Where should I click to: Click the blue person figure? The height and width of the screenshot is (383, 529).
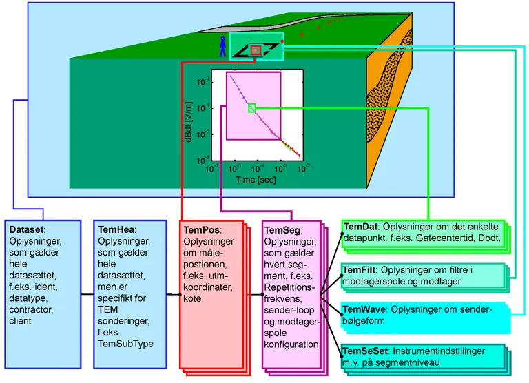coord(222,45)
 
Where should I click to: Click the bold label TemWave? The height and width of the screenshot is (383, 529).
coord(364,310)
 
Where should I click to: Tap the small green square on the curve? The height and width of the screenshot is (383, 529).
coord(252,107)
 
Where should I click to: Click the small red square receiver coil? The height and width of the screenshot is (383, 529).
coord(256,50)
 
